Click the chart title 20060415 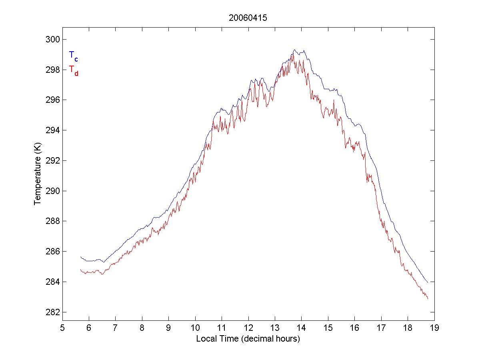(x=248, y=18)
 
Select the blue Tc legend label (x=73, y=56)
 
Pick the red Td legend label (x=73, y=70)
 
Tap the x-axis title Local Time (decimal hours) (x=248, y=339)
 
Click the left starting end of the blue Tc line (x=81, y=257)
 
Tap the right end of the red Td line (x=428, y=299)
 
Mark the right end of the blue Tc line (x=428, y=283)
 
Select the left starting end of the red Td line (x=81, y=270)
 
